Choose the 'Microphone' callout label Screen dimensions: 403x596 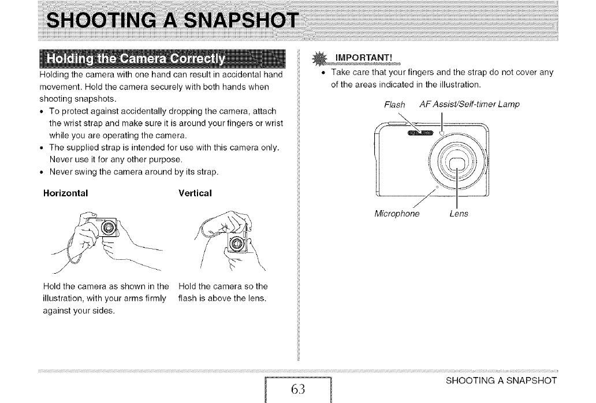[x=397, y=214]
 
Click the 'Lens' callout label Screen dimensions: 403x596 [x=459, y=214]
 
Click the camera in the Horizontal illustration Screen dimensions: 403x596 [x=106, y=230]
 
